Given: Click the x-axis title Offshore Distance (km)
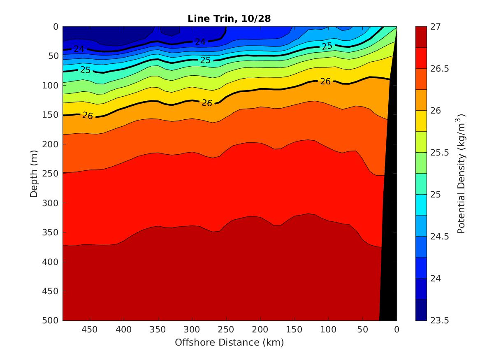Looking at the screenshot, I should (x=229, y=342).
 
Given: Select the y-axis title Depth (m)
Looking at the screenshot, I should (x=34, y=173).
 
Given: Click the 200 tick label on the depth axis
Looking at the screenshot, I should (x=51, y=144).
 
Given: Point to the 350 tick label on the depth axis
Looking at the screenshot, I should (x=51, y=232).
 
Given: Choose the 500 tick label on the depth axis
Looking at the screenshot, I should (x=51, y=321).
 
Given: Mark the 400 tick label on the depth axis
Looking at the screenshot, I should (x=51, y=262).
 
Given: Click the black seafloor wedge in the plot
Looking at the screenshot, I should (x=389, y=247).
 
